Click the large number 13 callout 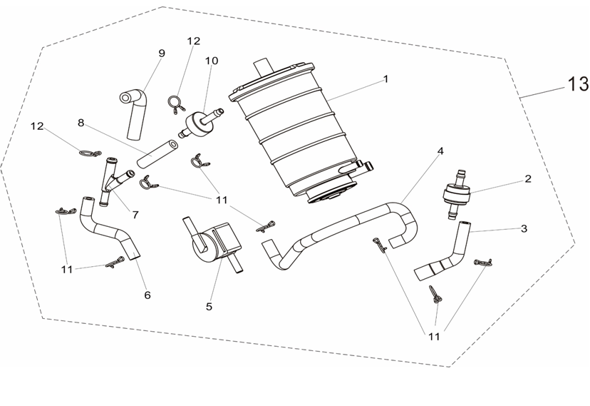coord(578,84)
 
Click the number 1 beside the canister coord(385,79)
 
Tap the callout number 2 coord(528,179)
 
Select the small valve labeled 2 coord(457,194)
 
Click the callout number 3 coord(524,228)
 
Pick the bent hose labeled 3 coord(444,253)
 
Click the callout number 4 coord(440,151)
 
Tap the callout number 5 coord(209,307)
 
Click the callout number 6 coord(147,295)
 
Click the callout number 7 coord(135,215)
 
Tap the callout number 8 coord(81,123)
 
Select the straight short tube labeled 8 coord(157,154)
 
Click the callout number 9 coord(162,53)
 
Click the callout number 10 coord(212,61)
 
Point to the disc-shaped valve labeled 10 coord(200,123)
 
